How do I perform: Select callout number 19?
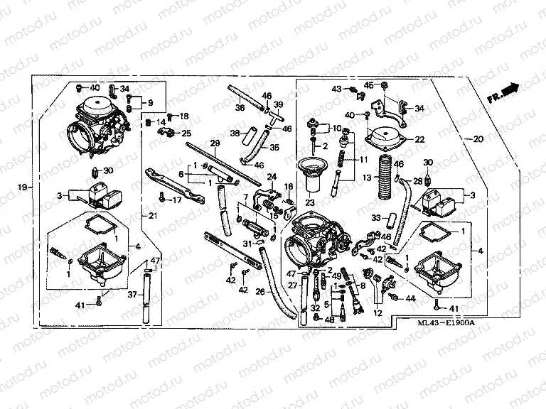pos(23,187)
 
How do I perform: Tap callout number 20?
pos(476,138)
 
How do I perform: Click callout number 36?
pos(240,108)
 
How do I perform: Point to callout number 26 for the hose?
pos(260,291)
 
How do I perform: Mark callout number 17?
pos(176,200)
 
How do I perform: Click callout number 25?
pos(187,133)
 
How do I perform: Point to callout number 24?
pos(270,177)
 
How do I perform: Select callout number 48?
pos(328,319)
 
